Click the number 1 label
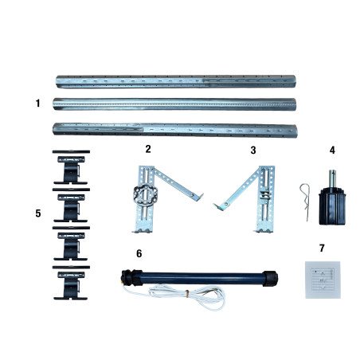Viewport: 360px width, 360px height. point(38,103)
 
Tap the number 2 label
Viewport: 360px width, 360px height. point(148,149)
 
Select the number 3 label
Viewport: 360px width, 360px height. point(253,151)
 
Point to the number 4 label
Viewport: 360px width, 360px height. point(332,151)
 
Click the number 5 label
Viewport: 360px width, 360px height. point(38,213)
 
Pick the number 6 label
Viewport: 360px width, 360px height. point(139,253)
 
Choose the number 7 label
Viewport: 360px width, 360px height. point(322,248)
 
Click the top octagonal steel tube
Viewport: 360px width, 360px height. point(176,81)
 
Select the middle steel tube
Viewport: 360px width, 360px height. point(174,104)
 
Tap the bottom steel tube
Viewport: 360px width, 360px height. point(175,130)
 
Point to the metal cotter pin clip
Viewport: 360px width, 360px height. point(305,202)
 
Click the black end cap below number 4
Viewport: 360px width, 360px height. point(332,205)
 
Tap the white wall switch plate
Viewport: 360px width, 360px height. point(323,280)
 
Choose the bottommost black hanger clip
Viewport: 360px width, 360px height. point(71,283)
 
